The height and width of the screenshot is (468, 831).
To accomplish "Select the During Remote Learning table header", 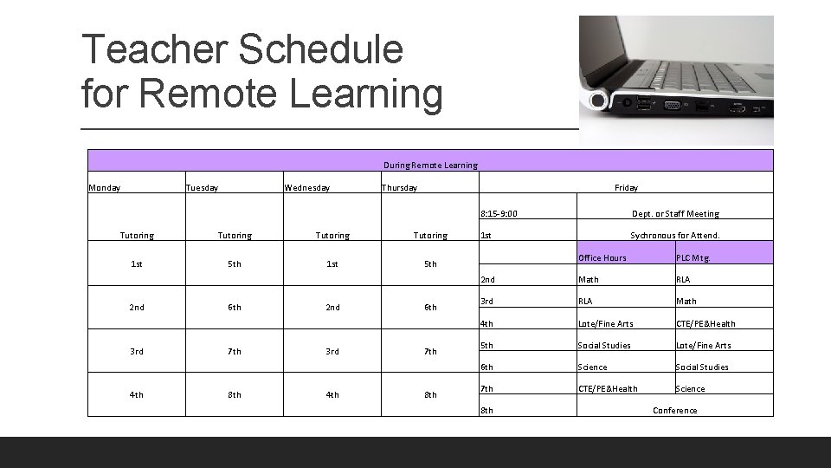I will click(x=430, y=165).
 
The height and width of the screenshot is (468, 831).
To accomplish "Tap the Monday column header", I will click(x=105, y=187).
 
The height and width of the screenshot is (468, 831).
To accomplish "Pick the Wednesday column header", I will click(x=306, y=187).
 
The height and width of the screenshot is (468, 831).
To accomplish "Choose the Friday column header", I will click(x=626, y=187).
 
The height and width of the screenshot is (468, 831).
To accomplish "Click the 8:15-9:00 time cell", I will click(x=500, y=213).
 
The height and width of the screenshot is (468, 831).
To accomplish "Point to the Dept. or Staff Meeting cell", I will click(x=675, y=213).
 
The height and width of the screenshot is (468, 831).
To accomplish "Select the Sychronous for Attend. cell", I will click(x=674, y=235).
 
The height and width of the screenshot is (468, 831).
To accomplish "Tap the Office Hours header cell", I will click(x=602, y=257).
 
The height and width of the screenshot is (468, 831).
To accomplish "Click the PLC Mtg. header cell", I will click(x=694, y=257).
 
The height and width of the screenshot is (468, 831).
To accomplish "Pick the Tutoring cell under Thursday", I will click(x=430, y=235).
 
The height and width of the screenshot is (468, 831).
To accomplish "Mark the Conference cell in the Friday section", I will click(x=674, y=410).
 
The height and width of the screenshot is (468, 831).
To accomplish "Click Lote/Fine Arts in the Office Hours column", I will click(x=606, y=323).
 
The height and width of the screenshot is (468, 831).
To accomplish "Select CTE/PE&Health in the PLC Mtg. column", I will click(x=705, y=323).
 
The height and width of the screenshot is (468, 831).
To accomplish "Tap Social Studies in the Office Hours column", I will click(x=604, y=345).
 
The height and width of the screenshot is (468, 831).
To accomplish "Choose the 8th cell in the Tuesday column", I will click(x=235, y=394).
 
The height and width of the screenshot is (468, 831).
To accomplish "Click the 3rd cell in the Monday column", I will click(x=137, y=351).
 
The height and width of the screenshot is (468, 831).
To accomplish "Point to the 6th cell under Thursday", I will click(x=430, y=307).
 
